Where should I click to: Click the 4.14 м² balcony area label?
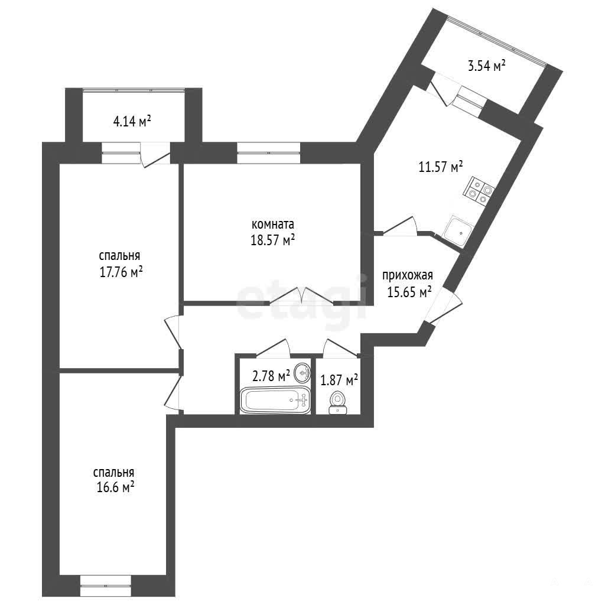tap(132, 122)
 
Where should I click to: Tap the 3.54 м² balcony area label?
tap(487, 66)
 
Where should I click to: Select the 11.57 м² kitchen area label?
tap(441, 167)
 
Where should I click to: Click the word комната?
tap(273, 224)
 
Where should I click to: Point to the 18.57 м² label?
tap(273, 240)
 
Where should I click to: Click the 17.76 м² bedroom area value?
tap(121, 272)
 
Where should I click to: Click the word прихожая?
tap(408, 276)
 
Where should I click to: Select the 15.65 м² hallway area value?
tap(409, 292)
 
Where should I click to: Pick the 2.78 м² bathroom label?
tap(271, 375)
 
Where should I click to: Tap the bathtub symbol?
tap(275, 400)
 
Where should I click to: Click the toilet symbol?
tap(337, 403)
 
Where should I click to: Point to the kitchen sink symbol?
tap(458, 232)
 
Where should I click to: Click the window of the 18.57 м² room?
tap(269, 153)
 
